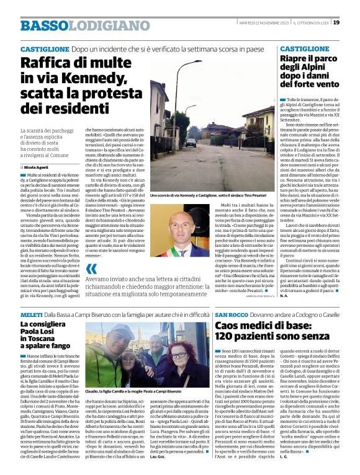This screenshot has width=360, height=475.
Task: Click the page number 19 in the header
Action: coord(353,22)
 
